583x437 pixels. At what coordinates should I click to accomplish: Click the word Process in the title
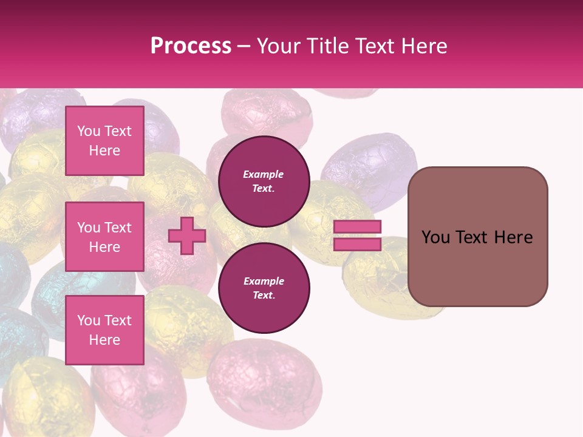[x=191, y=46]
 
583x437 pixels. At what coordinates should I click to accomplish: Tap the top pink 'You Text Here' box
[x=104, y=141]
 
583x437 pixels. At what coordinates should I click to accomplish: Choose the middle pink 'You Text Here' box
[x=104, y=237]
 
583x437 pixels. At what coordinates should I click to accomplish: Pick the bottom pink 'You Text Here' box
[x=104, y=330]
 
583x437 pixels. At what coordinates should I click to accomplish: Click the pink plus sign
[x=187, y=236]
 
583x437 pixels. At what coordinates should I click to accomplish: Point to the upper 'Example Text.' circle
[x=264, y=181]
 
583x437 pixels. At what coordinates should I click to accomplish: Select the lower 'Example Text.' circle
[x=264, y=288]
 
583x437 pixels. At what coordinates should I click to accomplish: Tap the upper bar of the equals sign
[x=358, y=226]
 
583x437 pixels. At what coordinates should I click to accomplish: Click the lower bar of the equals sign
[x=358, y=244]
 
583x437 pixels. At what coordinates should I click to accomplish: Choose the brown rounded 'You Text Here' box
[x=477, y=237]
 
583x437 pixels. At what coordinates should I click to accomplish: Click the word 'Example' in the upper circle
[x=264, y=174]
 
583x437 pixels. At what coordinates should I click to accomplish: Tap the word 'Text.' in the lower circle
[x=264, y=296]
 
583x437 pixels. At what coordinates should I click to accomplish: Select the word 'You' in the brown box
[x=435, y=237]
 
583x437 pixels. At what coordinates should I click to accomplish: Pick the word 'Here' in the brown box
[x=513, y=237]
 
